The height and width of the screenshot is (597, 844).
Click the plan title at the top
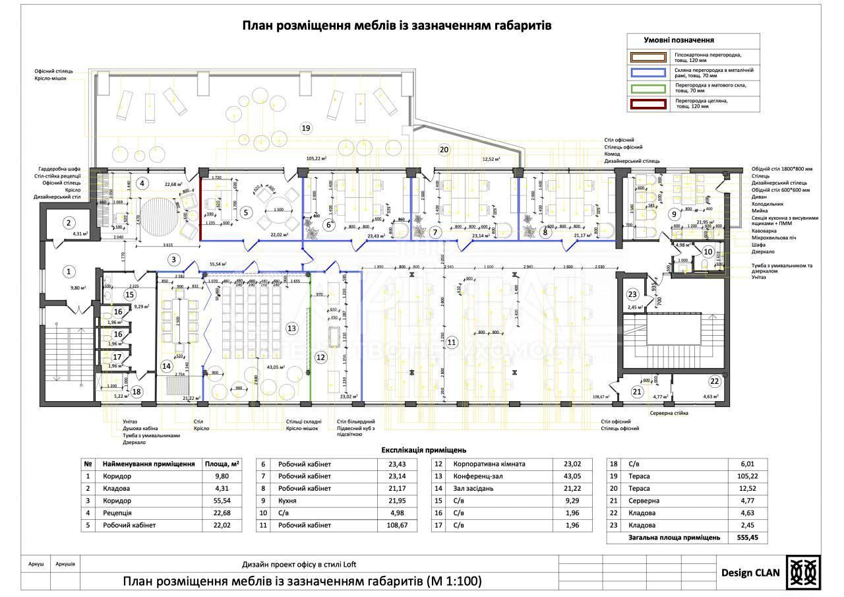click(396, 25)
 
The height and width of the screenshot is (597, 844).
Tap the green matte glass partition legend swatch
click(648, 88)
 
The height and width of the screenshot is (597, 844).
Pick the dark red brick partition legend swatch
click(648, 104)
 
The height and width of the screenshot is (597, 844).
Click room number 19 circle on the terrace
click(305, 127)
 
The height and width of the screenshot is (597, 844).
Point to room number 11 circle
click(451, 342)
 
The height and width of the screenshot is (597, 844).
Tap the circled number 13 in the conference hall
click(291, 328)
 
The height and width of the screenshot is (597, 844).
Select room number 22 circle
click(715, 381)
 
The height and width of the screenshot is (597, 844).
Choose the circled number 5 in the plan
click(245, 212)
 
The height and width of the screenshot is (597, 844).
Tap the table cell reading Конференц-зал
click(474, 476)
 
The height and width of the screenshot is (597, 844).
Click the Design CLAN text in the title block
click(750, 573)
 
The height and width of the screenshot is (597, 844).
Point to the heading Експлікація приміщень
click(424, 450)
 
